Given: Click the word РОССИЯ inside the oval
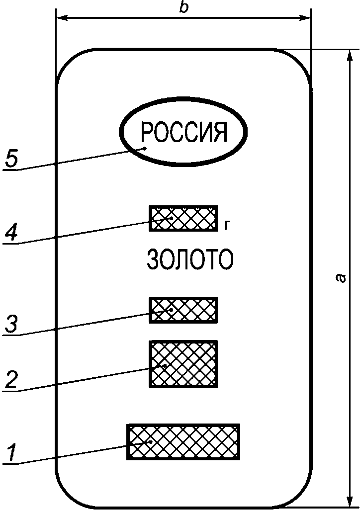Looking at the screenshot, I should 183,132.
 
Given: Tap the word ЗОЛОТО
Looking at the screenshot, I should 190,260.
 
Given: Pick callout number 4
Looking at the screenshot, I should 12,233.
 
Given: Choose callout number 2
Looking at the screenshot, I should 12,380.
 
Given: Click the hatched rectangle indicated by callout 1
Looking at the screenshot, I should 183,441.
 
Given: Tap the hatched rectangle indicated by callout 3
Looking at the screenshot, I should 183,310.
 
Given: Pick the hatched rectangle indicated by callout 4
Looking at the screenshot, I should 183,218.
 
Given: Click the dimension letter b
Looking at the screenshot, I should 184,8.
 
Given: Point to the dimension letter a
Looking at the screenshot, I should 340,278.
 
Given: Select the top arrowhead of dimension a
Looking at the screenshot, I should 347,55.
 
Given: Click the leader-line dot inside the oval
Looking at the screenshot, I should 145,148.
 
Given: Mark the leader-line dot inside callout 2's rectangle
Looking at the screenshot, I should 165,366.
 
